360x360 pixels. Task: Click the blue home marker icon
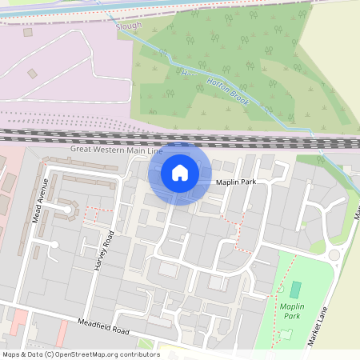[179, 173]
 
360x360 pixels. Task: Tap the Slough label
[129, 26]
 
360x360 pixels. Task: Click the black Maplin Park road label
[236, 182]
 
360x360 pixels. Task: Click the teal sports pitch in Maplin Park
[296, 290]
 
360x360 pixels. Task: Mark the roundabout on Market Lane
[334, 255]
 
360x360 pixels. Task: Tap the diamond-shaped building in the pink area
[32, 74]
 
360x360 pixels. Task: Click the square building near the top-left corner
[28, 33]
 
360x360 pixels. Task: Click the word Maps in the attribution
[11, 354]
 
